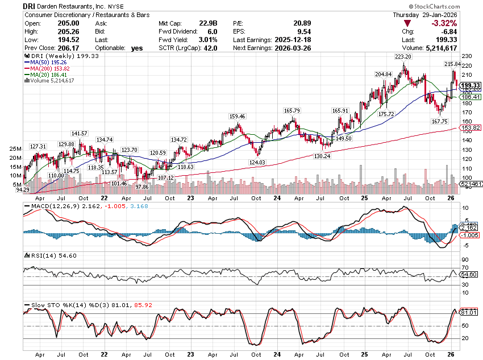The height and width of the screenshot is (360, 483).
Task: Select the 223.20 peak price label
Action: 402,57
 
